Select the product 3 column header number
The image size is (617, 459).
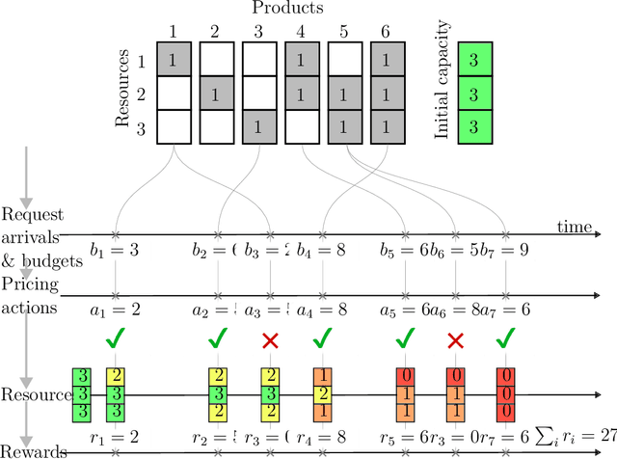258,31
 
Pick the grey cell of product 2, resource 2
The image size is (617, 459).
216,94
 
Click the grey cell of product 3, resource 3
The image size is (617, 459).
258,126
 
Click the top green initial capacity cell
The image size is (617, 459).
474,60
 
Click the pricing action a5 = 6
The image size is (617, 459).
411,310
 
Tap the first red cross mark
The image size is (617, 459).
270,340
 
